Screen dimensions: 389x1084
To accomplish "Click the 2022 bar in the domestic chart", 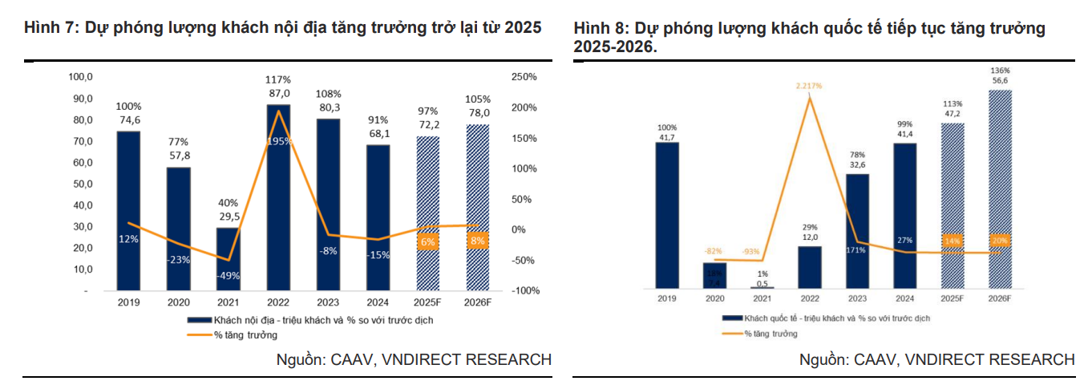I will (278, 197).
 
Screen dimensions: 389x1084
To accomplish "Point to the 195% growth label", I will (278, 142).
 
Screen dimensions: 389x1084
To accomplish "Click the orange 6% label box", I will (427, 241).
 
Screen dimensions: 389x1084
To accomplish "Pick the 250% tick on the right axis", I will (524, 77).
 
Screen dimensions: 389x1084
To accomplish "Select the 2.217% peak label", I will (809, 86).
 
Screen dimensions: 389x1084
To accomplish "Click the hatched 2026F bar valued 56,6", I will (998, 188).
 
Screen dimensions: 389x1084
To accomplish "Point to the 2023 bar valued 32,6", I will (856, 230).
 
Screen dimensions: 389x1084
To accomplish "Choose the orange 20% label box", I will (998, 240).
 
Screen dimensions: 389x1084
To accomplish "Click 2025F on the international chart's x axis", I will (952, 298).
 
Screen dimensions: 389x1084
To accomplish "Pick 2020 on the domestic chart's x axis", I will (178, 302).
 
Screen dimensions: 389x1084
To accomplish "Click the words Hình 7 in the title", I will (47, 27).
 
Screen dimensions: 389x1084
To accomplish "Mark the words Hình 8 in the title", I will (596, 29).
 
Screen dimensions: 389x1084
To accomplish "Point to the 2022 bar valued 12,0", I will (809, 267).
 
